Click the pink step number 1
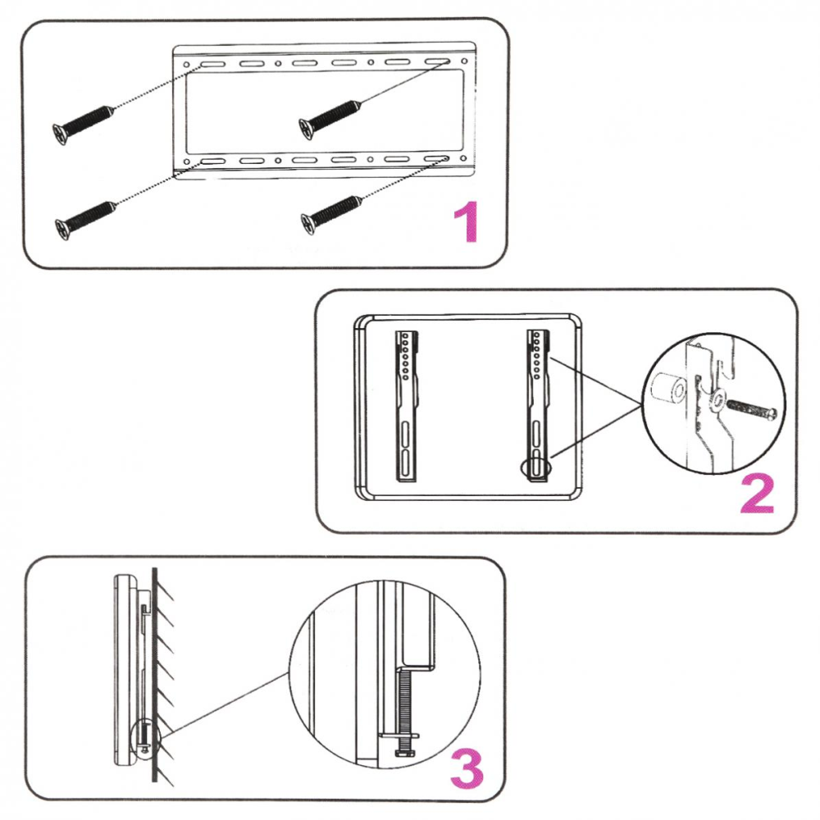click(x=465, y=223)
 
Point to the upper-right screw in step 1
click(x=330, y=116)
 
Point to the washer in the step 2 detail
click(x=718, y=401)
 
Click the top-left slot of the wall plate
click(x=210, y=63)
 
